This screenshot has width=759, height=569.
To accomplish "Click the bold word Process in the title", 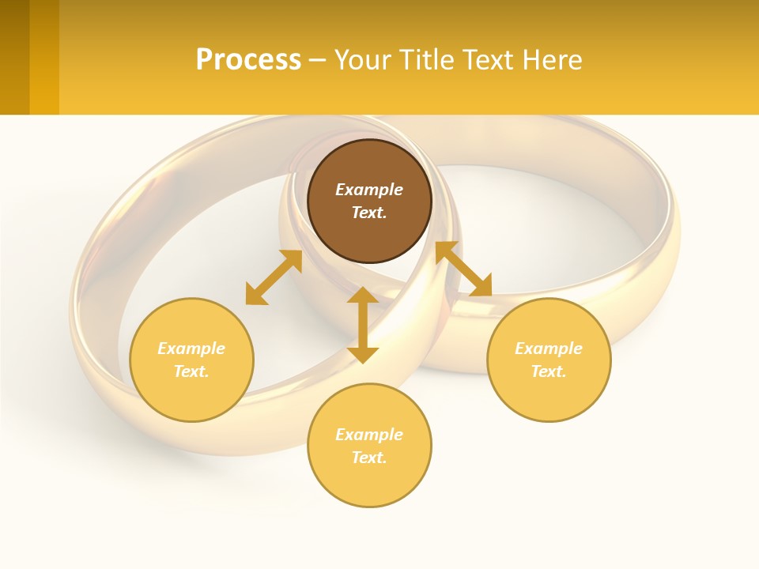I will (x=248, y=60).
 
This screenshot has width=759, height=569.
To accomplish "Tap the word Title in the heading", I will (x=425, y=60).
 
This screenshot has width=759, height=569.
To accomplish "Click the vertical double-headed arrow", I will (x=363, y=325).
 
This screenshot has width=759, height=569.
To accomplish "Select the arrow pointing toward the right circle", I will (x=464, y=269).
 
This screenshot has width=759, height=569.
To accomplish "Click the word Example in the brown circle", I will (x=369, y=190).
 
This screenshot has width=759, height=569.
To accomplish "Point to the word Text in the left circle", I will (x=191, y=371).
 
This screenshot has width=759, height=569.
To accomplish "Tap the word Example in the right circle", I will (x=549, y=349).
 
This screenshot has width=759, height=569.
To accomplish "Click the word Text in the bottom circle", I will (x=368, y=458).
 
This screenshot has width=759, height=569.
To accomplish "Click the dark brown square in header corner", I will (x=15, y=57).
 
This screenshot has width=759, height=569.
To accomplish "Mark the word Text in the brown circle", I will (x=368, y=213).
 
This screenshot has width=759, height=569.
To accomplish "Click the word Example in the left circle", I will (x=191, y=349).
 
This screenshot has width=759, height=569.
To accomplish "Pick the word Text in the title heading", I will (x=489, y=60).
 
